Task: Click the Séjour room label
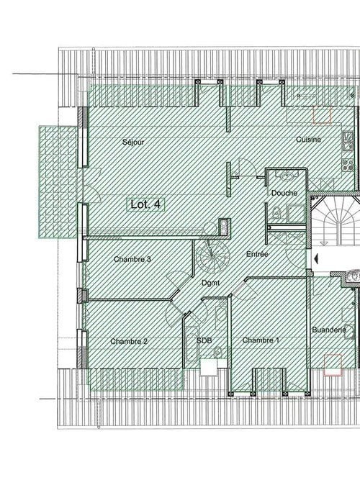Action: (x=133, y=142)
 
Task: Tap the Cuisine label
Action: (x=308, y=140)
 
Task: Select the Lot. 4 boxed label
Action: (x=145, y=204)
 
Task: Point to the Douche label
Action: (x=284, y=193)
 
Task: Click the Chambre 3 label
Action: (x=132, y=259)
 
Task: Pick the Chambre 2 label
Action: (x=129, y=342)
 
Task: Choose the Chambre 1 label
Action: (x=261, y=340)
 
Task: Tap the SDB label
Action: (x=204, y=340)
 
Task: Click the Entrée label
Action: (x=257, y=254)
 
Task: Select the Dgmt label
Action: (x=210, y=283)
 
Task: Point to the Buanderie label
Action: (x=329, y=330)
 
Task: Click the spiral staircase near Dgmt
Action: (x=213, y=257)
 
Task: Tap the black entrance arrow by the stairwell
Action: (x=316, y=258)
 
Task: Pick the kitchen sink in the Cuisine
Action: (x=348, y=141)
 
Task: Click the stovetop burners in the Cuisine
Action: (x=348, y=164)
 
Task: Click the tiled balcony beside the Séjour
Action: (x=58, y=182)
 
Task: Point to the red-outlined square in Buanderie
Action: (x=333, y=365)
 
